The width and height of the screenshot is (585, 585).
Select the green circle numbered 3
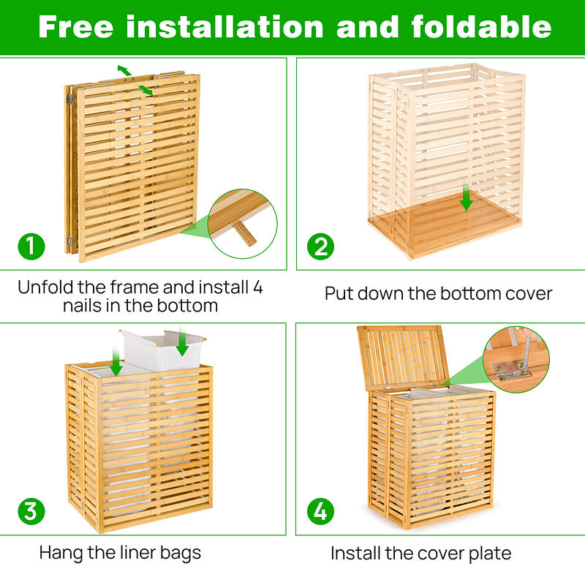point(30,510)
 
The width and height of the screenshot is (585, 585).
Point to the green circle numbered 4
point(320,510)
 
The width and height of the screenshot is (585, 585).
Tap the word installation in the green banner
point(225,27)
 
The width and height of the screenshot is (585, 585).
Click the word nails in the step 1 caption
point(87,306)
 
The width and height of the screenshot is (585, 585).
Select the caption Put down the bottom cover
point(438,294)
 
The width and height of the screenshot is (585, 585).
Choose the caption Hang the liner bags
point(120,553)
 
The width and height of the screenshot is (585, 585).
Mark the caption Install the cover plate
point(420,553)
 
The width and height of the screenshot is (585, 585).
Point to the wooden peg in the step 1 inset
point(244,233)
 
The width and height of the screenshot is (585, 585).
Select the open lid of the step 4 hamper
point(401,356)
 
